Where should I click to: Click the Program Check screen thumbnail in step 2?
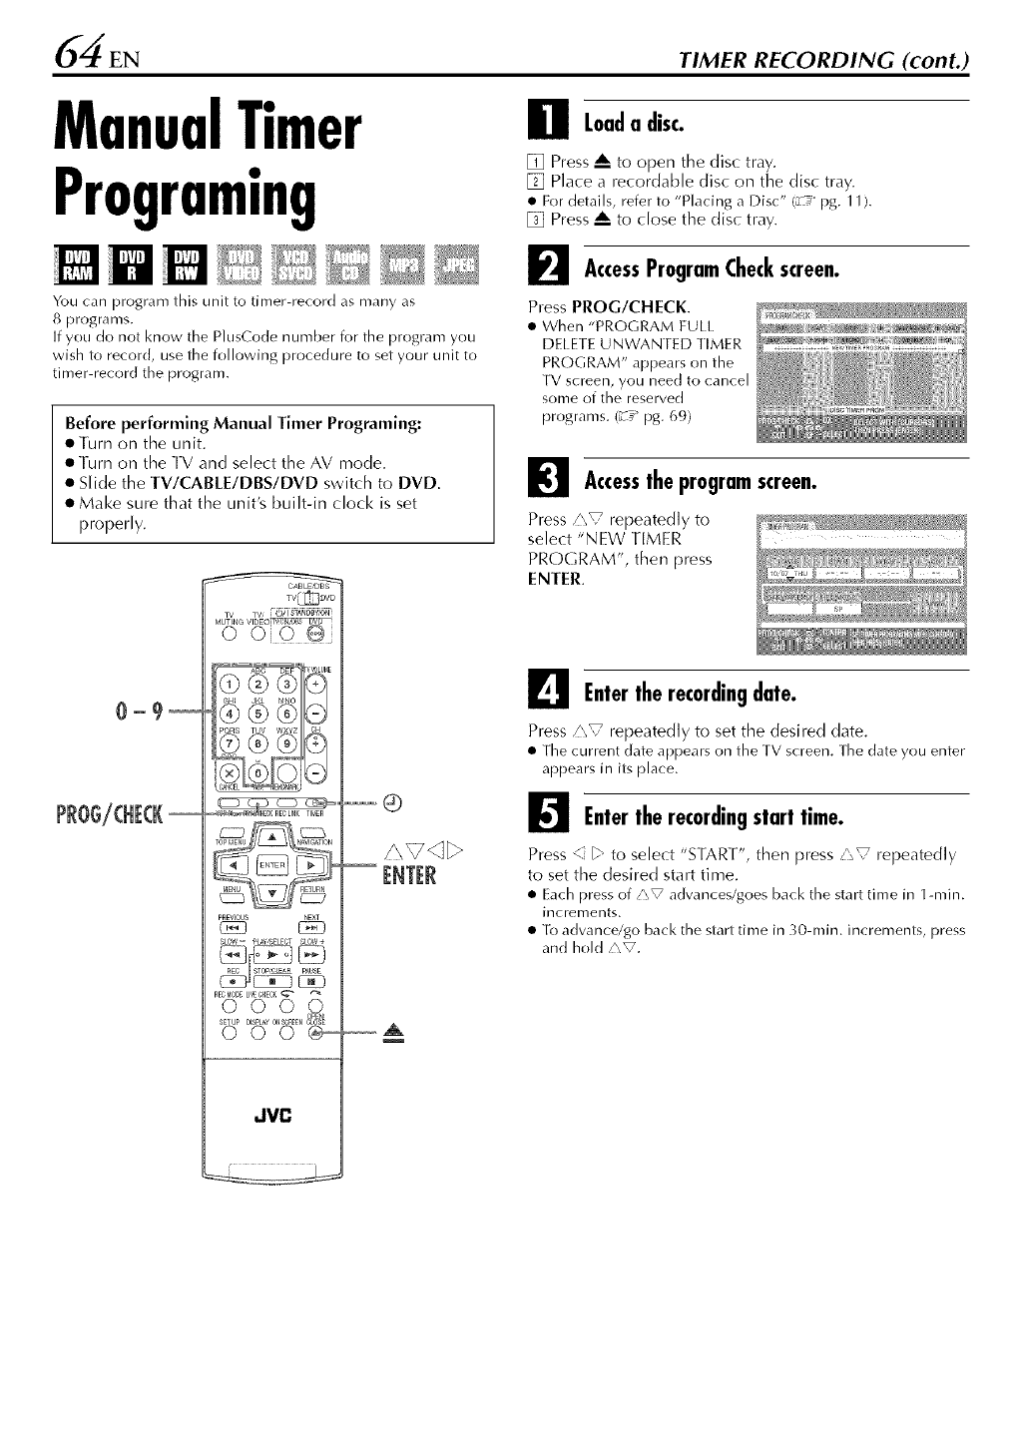[861, 369]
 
